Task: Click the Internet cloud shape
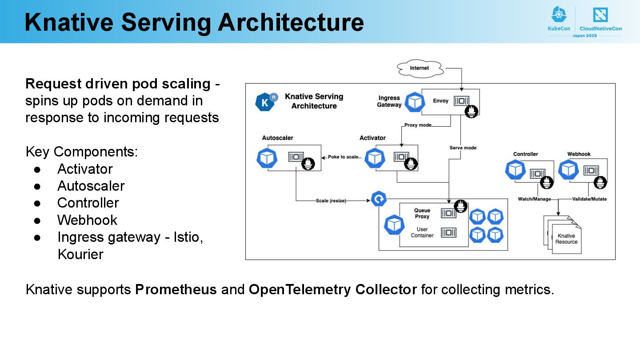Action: tap(420, 68)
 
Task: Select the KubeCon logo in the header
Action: tap(559, 19)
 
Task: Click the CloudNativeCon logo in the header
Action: tap(600, 19)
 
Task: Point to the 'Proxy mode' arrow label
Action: tap(418, 125)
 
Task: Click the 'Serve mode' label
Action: tap(463, 148)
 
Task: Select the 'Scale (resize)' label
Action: tap(331, 201)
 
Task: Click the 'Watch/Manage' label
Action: tap(534, 199)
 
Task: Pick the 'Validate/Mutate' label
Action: tap(589, 199)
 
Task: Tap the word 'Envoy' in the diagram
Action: tap(440, 101)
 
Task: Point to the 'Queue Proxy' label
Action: tap(422, 213)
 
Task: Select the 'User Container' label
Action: tap(422, 232)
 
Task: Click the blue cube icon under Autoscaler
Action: tap(267, 158)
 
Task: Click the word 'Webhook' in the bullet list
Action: tap(87, 220)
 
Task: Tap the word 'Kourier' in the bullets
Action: tap(80, 254)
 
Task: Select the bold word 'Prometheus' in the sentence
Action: tap(176, 290)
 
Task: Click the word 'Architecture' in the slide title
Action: tap(291, 22)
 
